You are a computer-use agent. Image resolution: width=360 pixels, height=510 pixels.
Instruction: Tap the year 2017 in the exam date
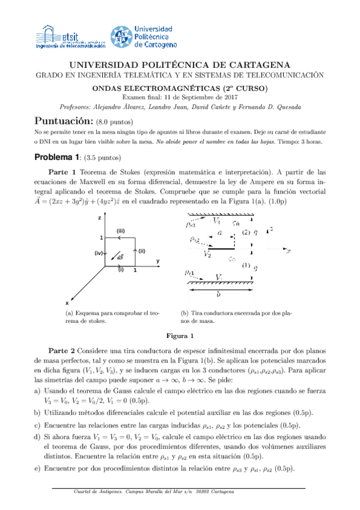pyautogui.click(x=231, y=97)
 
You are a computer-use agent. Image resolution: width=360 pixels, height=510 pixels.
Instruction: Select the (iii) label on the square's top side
pyautogui.click(x=120, y=231)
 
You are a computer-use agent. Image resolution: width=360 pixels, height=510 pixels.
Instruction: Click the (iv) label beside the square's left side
pyautogui.click(x=99, y=253)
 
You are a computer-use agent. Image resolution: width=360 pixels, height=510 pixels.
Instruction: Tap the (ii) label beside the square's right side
pyautogui.click(x=142, y=251)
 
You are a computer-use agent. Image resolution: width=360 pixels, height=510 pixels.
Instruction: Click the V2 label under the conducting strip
pyautogui.click(x=207, y=254)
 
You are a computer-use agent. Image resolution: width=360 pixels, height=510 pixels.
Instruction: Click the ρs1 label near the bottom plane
pyautogui.click(x=189, y=274)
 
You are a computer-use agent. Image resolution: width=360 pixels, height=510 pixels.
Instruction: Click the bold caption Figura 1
pyautogui.click(x=180, y=335)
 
